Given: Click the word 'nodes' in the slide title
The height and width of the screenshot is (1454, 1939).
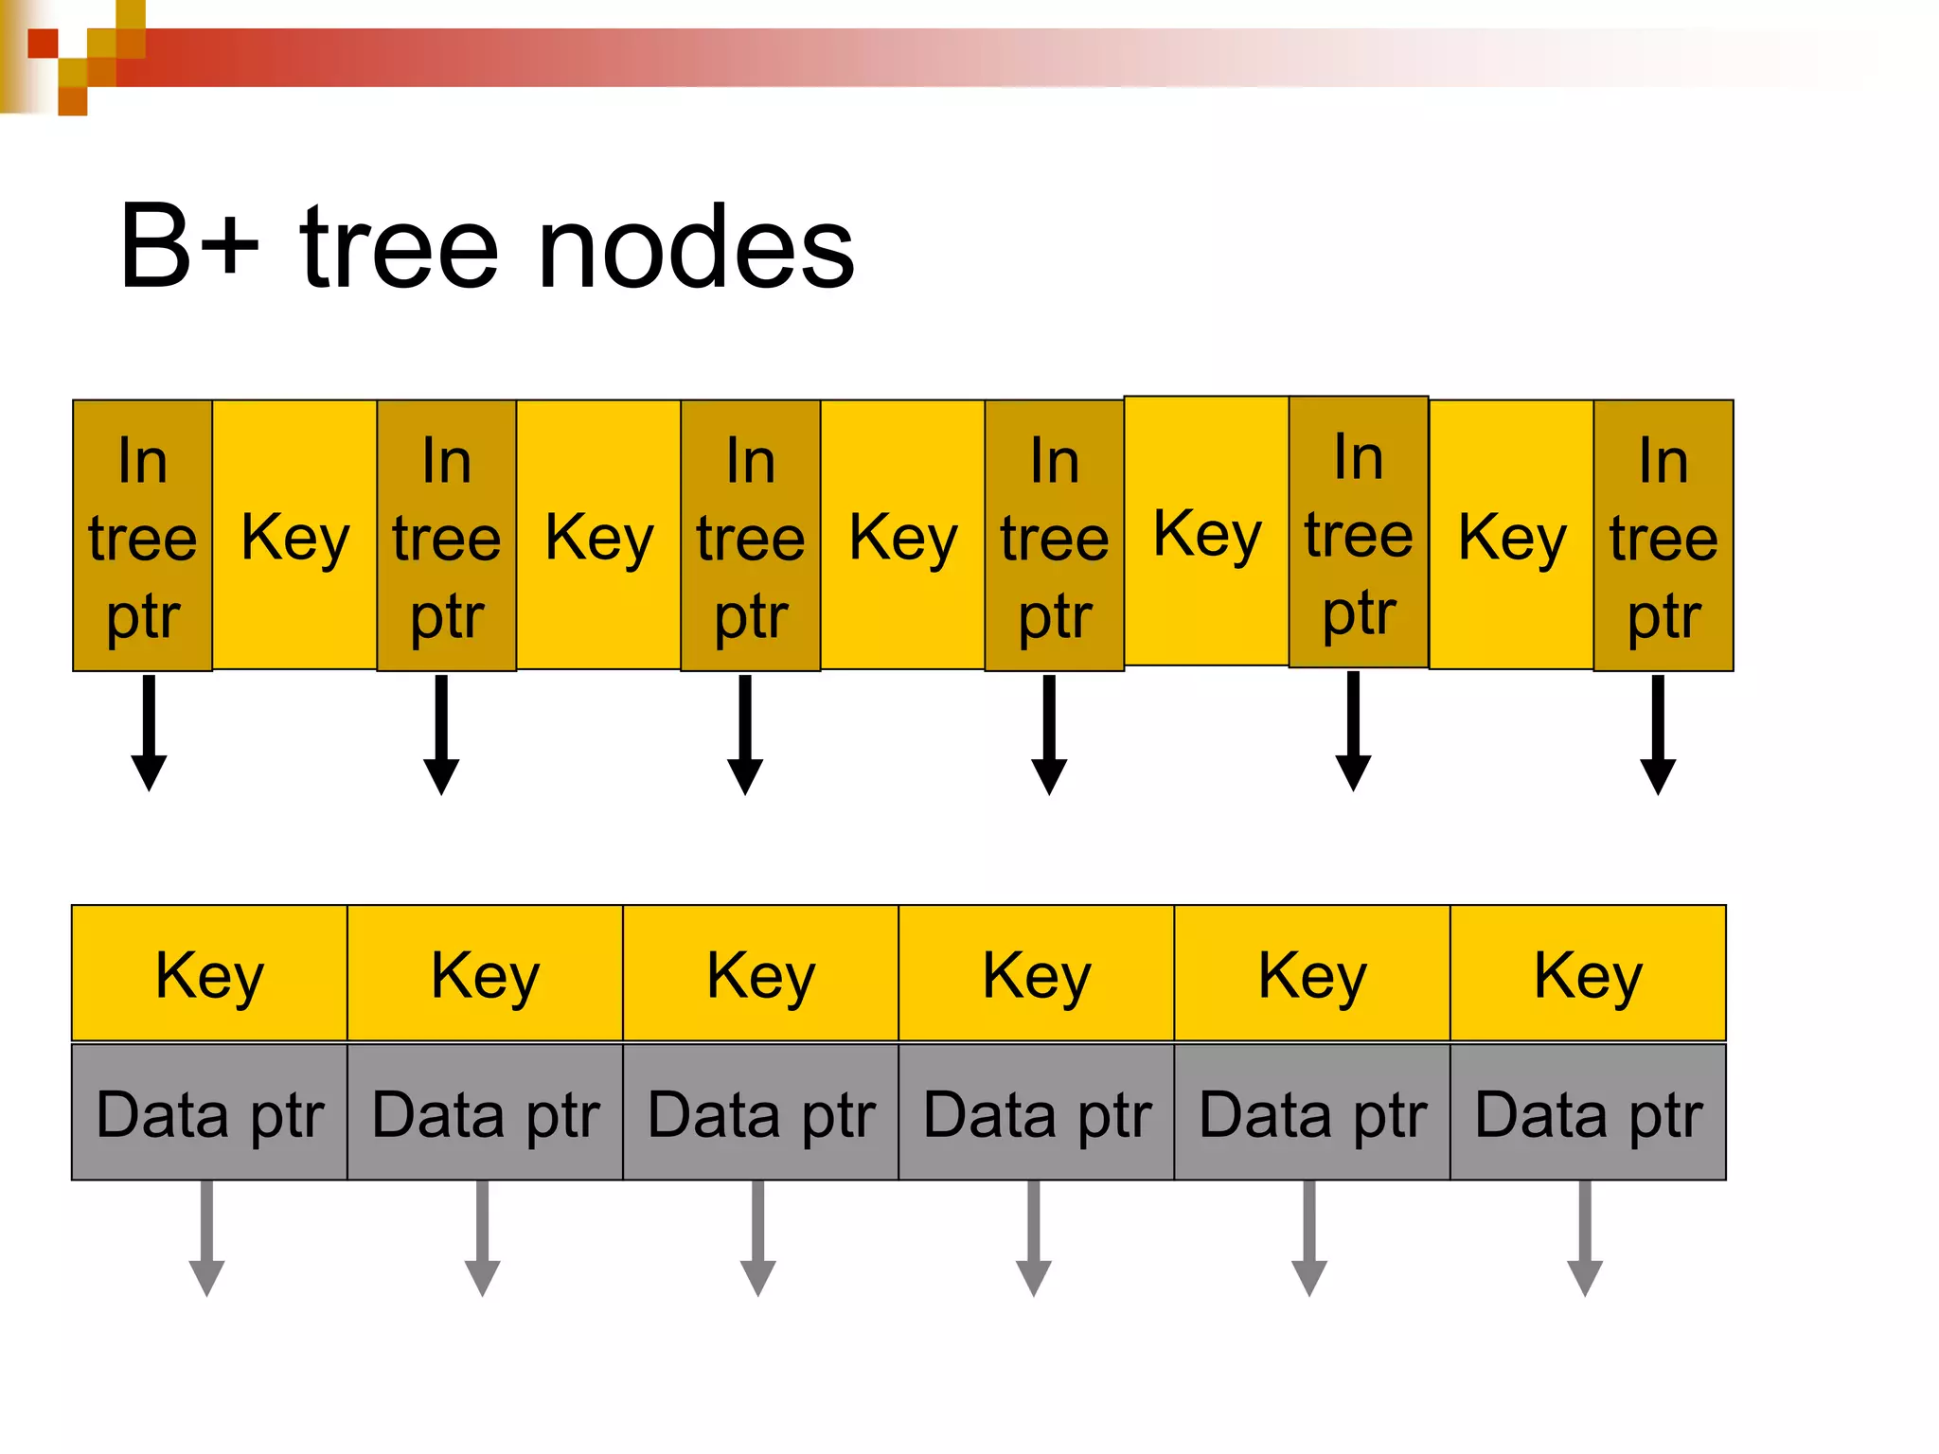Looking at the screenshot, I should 696,249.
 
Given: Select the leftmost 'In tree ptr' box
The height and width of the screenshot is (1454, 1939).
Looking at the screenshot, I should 143,536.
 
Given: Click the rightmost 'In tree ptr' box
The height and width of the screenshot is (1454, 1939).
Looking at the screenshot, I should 1663,536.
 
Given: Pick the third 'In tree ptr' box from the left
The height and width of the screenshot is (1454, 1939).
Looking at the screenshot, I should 751,536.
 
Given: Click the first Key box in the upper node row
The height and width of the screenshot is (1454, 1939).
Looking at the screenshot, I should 294,536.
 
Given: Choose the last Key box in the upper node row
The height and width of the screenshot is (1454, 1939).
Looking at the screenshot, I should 1512,536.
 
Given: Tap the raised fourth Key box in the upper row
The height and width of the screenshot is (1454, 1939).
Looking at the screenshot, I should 1207,532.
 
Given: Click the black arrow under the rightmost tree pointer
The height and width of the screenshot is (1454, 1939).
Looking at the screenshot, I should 1658,734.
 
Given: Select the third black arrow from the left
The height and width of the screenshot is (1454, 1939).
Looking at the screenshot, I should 745,734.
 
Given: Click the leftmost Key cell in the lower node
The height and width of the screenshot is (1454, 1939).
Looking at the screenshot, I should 209,974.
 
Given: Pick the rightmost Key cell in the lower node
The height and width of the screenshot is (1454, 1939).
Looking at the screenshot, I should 1588,974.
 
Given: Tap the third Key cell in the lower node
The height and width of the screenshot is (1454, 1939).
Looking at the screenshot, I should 760,974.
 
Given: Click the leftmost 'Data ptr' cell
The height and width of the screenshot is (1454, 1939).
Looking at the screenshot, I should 209,1113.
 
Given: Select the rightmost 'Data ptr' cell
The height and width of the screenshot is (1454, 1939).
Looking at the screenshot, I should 1588,1113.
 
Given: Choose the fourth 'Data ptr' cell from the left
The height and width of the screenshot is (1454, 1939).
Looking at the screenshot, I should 1037,1113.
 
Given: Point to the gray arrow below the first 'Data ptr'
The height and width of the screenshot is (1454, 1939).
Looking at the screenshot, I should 206,1238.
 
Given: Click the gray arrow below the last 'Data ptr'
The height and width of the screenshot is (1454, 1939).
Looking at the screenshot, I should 1585,1238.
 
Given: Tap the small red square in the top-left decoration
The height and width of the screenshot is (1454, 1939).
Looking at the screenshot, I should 43,44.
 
